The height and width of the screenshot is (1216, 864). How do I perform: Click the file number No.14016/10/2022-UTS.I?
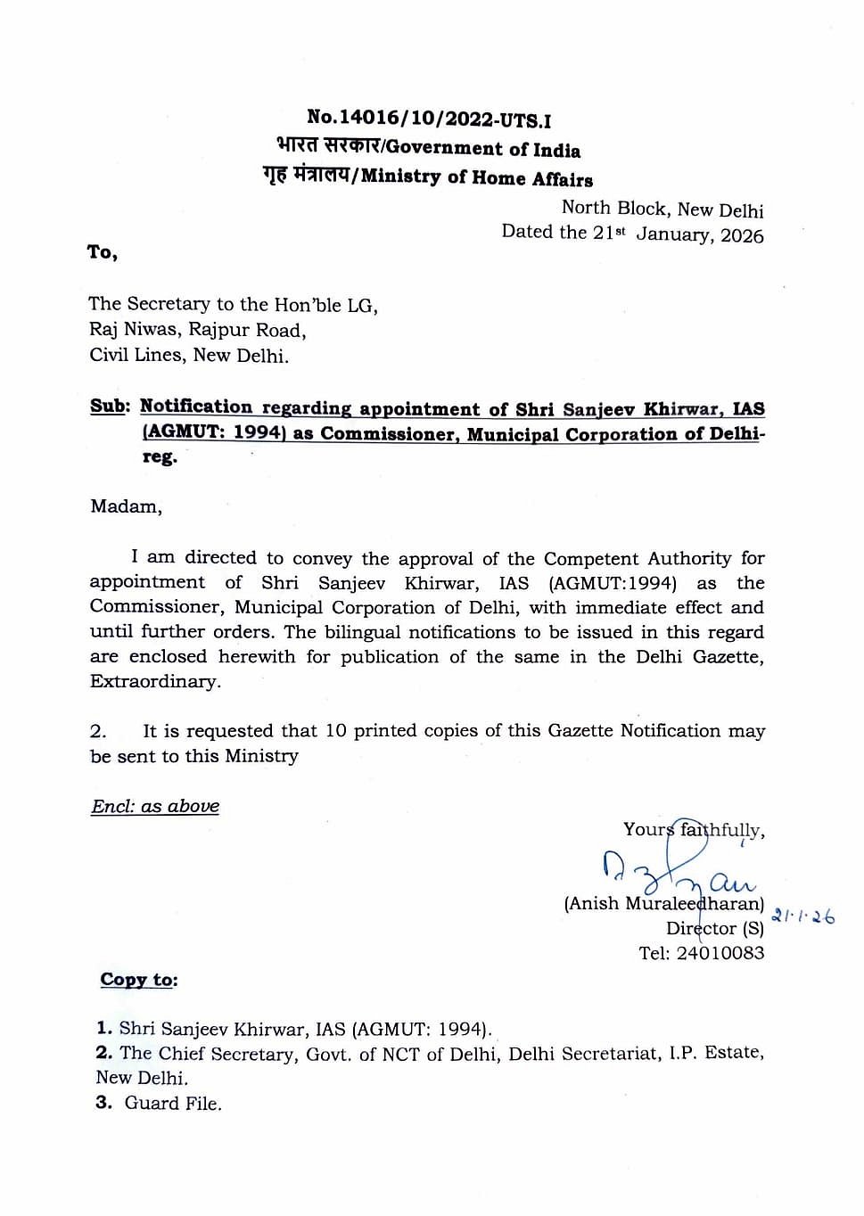pyautogui.click(x=428, y=119)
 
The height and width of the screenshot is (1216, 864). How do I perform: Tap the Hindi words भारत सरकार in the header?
pyautogui.click(x=327, y=146)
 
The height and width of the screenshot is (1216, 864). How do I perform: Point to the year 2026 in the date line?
pyautogui.click(x=742, y=235)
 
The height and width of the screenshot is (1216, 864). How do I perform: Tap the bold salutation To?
pyautogui.click(x=103, y=252)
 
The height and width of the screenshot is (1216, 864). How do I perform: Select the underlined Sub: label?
pyautogui.click(x=110, y=407)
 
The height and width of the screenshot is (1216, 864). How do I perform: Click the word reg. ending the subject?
pyautogui.click(x=160, y=457)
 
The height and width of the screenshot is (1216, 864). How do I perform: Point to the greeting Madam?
pyautogui.click(x=126, y=506)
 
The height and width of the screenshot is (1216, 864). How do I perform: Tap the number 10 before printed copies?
pyautogui.click(x=335, y=731)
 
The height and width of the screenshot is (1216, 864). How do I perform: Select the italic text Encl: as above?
pyautogui.click(x=155, y=807)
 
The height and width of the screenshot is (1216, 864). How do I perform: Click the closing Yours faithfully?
pyautogui.click(x=693, y=831)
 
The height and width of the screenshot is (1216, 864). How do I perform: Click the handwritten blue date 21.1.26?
pyautogui.click(x=803, y=916)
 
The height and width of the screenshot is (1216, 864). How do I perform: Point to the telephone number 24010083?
pyautogui.click(x=720, y=953)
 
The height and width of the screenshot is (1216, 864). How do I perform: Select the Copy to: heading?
pyautogui.click(x=138, y=980)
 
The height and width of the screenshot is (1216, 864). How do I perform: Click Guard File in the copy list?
pyautogui.click(x=172, y=1104)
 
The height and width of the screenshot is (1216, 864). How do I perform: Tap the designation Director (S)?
pyautogui.click(x=714, y=928)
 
